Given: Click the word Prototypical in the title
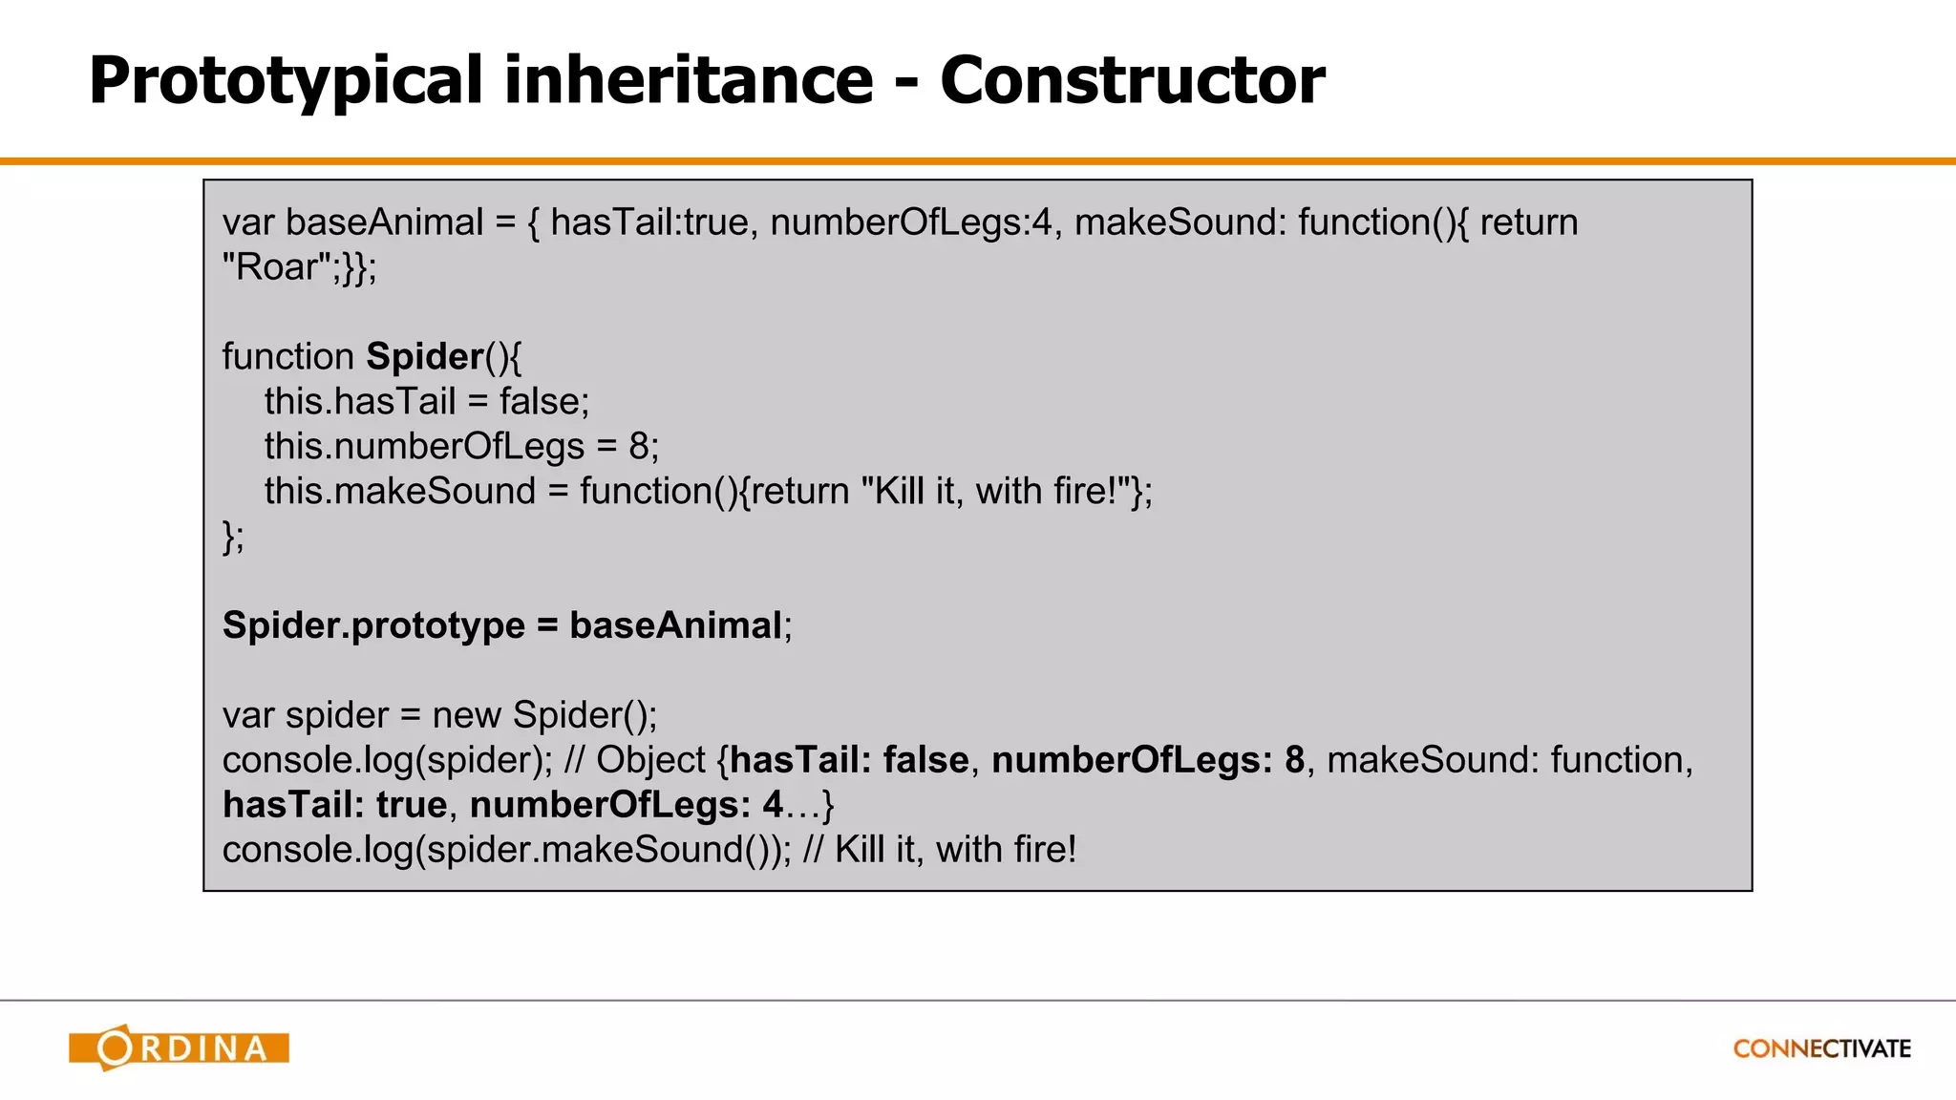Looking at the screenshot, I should coord(286,80).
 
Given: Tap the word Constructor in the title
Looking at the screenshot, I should coord(1132,80).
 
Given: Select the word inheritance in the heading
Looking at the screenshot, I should coord(688,80).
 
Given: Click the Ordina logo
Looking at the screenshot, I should coord(180,1048).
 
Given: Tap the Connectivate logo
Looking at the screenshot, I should coord(1821,1048).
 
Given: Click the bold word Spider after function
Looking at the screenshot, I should coord(425,357).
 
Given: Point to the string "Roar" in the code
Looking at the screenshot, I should coord(278,267).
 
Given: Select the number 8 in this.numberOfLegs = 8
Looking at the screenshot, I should coord(638,447).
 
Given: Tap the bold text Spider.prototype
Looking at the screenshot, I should coord(373,626).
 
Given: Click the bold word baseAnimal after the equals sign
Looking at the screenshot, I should coord(675,626).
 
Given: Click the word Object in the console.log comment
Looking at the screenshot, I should coord(650,761).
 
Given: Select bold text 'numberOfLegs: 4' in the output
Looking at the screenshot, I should coord(626,806).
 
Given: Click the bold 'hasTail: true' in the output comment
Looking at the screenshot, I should coord(334,806).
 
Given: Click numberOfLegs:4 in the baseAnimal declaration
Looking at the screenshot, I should coord(910,222).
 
